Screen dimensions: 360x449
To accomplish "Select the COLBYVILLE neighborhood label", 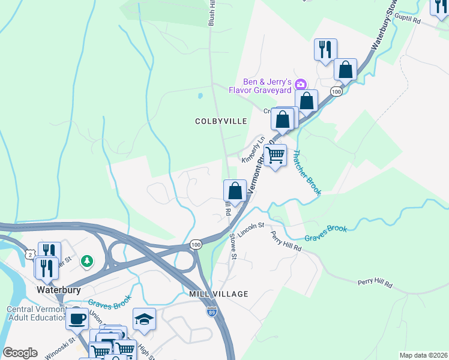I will (221, 121).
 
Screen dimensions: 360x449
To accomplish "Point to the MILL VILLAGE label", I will (218, 293).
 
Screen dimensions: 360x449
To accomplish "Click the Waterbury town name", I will (59, 289).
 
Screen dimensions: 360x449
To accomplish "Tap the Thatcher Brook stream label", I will (306, 172).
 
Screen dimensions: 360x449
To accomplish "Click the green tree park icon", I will (88, 260).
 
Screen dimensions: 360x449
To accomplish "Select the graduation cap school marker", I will (144, 318).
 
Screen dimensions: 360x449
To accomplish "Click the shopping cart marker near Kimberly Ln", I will (275, 156).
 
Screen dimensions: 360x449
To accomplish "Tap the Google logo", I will (20, 353).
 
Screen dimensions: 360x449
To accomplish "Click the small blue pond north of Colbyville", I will (199, 95).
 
